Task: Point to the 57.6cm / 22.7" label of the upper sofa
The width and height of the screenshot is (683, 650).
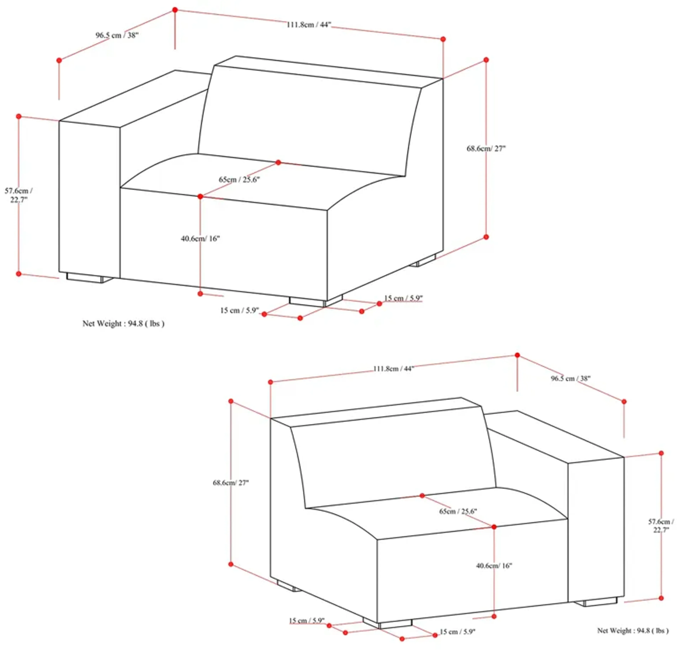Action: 19,195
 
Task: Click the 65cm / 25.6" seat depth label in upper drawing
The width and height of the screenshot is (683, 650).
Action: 239,179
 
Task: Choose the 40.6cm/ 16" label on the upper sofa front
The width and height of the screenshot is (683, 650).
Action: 200,238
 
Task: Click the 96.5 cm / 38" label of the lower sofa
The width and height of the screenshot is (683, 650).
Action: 570,378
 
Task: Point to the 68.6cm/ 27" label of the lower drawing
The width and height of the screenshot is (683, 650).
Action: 231,483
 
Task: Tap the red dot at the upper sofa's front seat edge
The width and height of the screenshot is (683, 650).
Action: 200,196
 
